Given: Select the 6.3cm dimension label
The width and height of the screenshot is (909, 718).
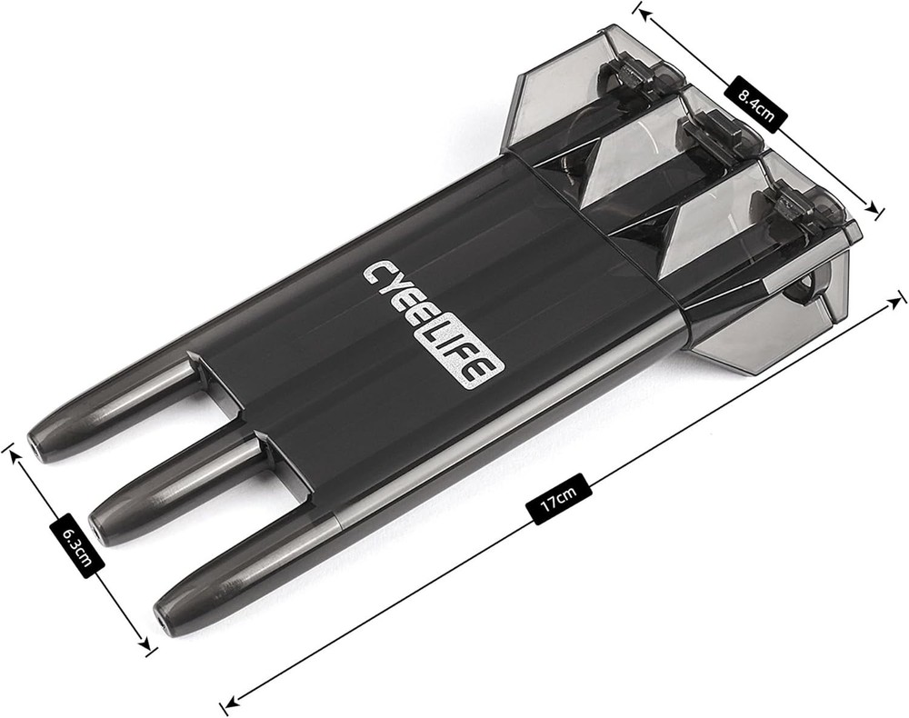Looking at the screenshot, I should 76,542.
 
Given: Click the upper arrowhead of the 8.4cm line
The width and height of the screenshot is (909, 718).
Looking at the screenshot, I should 640,10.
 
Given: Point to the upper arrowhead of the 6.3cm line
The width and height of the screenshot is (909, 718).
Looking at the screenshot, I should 12,449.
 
